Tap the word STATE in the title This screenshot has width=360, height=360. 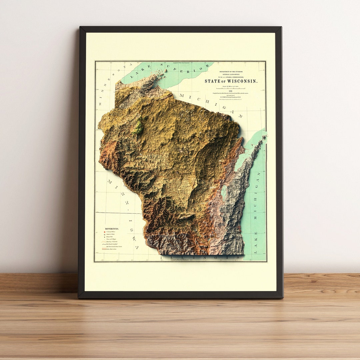pos(212,81)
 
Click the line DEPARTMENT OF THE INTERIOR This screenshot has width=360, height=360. pos(231,72)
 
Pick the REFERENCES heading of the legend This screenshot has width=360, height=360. pos(112,229)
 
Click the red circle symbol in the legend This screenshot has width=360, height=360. pos(103,232)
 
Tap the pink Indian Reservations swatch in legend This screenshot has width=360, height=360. pos(104,249)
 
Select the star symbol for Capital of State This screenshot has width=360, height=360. pos(103,235)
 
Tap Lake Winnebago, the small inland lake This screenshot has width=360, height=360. pos(224,192)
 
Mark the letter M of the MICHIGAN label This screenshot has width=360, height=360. pos(182,96)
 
